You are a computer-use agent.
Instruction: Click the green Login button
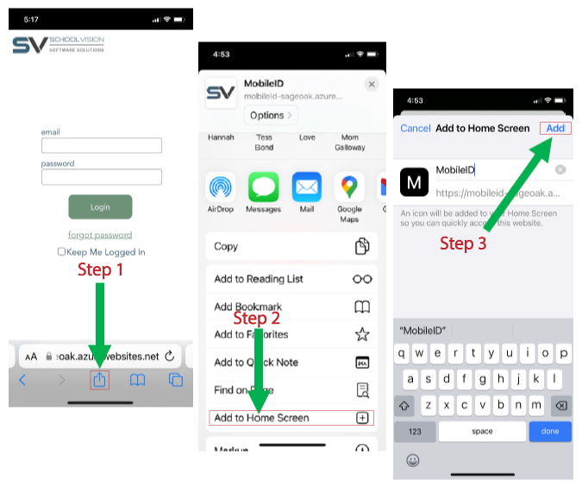(x=100, y=207)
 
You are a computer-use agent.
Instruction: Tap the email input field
(x=102, y=146)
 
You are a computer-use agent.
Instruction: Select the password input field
(x=102, y=177)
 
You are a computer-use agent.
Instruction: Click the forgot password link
(x=100, y=235)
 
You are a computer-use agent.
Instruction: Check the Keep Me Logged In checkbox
(x=61, y=252)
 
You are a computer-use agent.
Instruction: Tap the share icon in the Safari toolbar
(x=100, y=380)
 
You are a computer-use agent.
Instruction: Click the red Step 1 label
(x=101, y=269)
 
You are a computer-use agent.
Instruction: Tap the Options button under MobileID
(x=270, y=115)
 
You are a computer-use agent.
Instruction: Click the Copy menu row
(x=292, y=246)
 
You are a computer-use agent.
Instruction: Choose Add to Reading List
(x=292, y=279)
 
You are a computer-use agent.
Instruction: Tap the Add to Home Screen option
(x=292, y=418)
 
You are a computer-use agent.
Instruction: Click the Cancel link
(x=416, y=128)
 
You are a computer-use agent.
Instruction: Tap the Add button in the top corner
(x=556, y=128)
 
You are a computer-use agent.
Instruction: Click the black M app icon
(x=415, y=182)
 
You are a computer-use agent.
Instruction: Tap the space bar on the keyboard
(x=482, y=431)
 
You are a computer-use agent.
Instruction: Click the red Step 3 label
(x=463, y=244)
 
